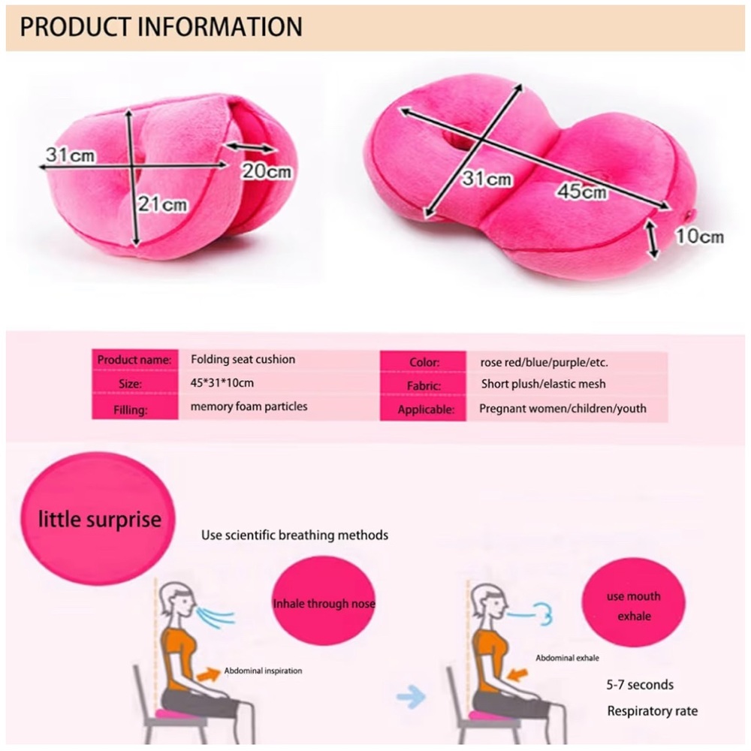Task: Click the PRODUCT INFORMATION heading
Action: (x=161, y=27)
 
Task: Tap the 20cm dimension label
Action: (x=267, y=171)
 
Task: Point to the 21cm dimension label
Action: (x=163, y=204)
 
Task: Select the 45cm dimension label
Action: (x=582, y=192)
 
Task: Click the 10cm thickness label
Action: (x=699, y=236)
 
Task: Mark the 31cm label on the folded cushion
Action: (x=71, y=154)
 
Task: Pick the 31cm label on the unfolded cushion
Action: (x=487, y=179)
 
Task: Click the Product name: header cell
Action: (x=134, y=360)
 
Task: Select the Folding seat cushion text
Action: (x=243, y=359)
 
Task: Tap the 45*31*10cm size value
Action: (x=222, y=383)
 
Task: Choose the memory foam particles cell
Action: (x=249, y=406)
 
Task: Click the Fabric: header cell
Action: (x=424, y=385)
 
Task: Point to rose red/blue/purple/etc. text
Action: (x=544, y=362)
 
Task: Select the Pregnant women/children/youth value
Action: (x=562, y=409)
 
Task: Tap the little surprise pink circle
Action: (x=98, y=519)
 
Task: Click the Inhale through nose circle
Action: (x=324, y=601)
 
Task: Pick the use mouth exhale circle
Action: (x=633, y=602)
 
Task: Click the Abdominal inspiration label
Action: (x=263, y=671)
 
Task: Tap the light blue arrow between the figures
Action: (x=411, y=696)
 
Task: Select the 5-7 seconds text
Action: (x=640, y=685)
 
